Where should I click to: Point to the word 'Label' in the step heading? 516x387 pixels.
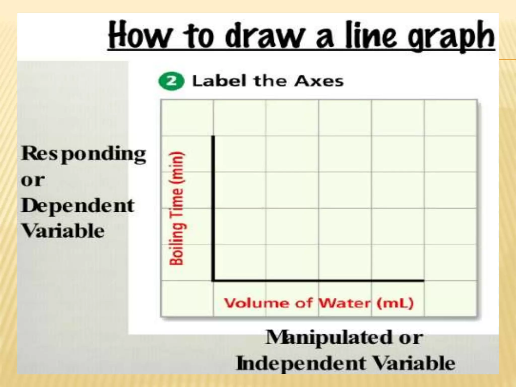[x=219, y=81]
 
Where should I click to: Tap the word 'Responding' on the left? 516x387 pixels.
[x=83, y=154]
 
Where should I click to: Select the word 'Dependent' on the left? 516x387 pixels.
[x=78, y=206]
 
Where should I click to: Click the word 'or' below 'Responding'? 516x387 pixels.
[x=33, y=180]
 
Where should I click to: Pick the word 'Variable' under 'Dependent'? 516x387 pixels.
[x=63, y=231]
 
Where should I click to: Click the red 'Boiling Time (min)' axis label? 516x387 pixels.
[x=177, y=208]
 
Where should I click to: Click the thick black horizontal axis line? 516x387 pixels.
[x=317, y=280]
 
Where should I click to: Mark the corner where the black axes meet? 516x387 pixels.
[x=213, y=280]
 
